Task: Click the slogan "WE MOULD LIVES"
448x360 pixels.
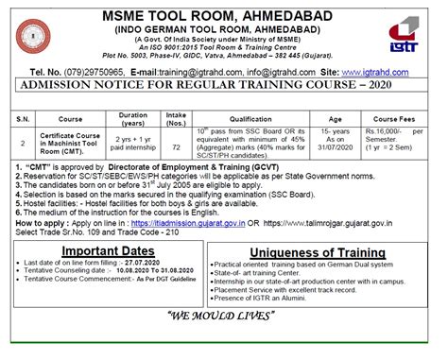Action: [x=224, y=339]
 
